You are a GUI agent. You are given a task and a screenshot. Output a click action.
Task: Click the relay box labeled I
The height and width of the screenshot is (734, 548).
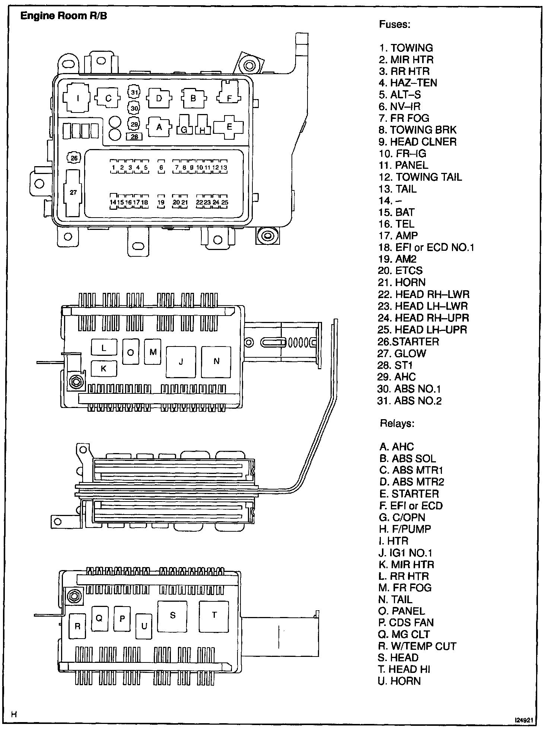pyautogui.click(x=77, y=98)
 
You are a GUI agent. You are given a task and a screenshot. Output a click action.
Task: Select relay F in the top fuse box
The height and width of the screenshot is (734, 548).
pyautogui.click(x=229, y=98)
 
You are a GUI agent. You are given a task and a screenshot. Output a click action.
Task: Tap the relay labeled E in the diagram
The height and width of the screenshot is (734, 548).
pyautogui.click(x=229, y=127)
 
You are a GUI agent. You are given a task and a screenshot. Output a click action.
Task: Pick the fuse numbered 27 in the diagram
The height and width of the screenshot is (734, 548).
pyautogui.click(x=73, y=193)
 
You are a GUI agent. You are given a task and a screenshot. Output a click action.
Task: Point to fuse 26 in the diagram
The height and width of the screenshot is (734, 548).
pyautogui.click(x=74, y=158)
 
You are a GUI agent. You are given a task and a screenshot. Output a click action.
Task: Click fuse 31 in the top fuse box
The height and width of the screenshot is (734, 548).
pyautogui.click(x=134, y=93)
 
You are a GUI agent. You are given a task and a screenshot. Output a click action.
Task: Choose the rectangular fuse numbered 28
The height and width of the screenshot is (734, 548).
pyautogui.click(x=134, y=137)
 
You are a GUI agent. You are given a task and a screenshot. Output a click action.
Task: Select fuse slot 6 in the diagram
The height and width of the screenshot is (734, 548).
pyautogui.click(x=161, y=167)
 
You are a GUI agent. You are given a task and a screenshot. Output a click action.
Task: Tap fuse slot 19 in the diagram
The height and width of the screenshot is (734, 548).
pyautogui.click(x=161, y=202)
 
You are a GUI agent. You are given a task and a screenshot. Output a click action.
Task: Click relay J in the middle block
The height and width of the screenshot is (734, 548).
pyautogui.click(x=181, y=362)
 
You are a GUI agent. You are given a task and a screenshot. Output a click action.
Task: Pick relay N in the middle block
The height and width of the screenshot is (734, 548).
pyautogui.click(x=216, y=361)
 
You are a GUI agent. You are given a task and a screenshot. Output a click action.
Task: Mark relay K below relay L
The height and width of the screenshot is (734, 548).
pyautogui.click(x=104, y=368)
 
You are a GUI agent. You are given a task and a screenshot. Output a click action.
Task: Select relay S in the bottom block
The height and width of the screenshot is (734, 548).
pyautogui.click(x=172, y=616)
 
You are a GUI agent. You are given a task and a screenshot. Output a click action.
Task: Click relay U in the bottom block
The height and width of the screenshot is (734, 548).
pyautogui.click(x=144, y=626)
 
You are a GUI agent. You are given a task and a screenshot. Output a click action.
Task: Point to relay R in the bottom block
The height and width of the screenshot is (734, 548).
pyautogui.click(x=77, y=626)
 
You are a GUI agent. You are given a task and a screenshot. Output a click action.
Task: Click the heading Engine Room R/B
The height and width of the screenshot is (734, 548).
pyautogui.click(x=64, y=16)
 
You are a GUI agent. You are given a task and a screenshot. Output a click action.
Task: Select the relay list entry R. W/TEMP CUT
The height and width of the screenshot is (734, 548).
pyautogui.click(x=417, y=646)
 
